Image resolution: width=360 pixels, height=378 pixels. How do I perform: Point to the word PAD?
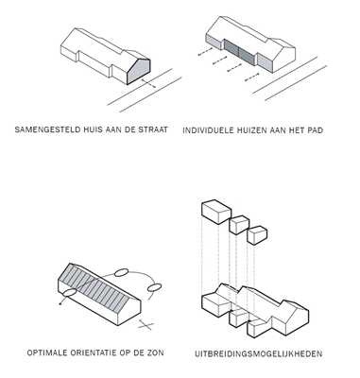click(316, 130)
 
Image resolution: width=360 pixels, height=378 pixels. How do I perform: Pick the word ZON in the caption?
click(156, 352)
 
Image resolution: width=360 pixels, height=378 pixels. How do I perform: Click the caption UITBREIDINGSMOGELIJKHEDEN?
click(258, 353)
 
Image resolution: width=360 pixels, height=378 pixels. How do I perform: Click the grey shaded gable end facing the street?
click(139, 72)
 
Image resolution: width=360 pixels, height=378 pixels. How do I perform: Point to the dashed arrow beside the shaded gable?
click(148, 83)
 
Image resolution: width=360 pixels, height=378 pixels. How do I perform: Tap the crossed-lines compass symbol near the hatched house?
click(146, 325)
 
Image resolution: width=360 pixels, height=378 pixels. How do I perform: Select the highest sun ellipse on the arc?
click(121, 272)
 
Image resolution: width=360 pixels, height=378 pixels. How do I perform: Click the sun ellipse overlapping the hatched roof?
click(70, 293)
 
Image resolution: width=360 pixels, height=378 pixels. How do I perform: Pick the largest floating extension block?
click(216, 212)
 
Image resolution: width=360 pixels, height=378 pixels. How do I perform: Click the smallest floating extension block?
click(257, 234)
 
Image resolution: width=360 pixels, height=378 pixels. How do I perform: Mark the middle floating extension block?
click(239, 225)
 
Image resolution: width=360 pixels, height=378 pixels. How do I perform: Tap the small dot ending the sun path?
click(60, 304)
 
